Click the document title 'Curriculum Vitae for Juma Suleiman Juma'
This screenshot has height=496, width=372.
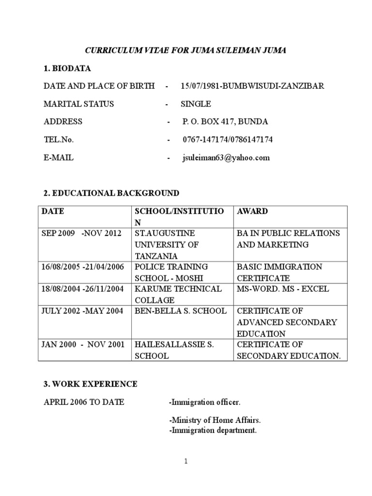click(x=186, y=50)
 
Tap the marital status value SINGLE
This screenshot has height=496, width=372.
click(x=196, y=104)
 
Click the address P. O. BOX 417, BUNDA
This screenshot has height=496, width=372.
click(x=225, y=122)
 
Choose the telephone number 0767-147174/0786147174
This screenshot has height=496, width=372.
click(x=228, y=139)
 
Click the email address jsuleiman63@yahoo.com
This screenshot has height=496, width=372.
click(x=226, y=157)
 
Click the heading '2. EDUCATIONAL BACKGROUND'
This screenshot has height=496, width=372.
click(x=111, y=193)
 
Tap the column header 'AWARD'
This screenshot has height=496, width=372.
click(x=252, y=212)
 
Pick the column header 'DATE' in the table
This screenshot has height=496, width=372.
click(x=53, y=212)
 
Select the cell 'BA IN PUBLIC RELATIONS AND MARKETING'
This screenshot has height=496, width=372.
click(x=288, y=239)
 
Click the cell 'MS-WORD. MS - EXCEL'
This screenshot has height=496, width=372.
click(x=283, y=289)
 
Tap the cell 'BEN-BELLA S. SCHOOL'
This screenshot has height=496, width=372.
click(x=181, y=310)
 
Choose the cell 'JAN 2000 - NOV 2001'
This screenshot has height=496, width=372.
click(x=83, y=344)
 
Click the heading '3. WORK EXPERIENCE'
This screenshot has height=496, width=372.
click(x=91, y=384)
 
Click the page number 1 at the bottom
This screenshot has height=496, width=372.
click(x=186, y=462)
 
